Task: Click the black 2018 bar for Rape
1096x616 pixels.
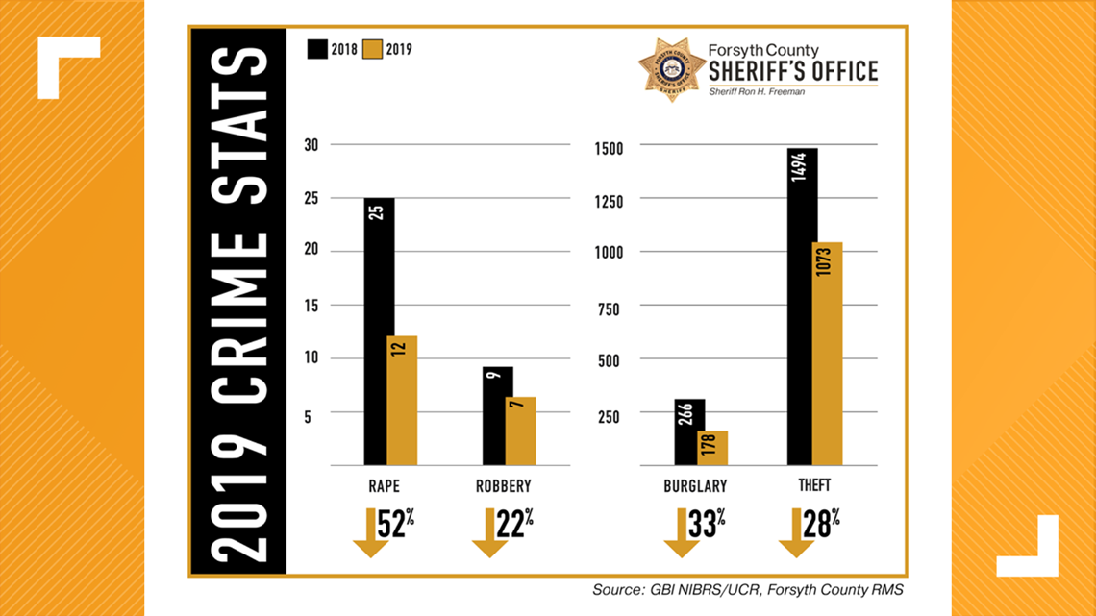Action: [x=379, y=332]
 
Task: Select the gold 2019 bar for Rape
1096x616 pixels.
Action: [x=403, y=401]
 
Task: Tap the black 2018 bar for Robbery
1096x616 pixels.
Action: [x=497, y=416]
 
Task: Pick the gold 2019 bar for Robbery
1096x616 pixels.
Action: [x=520, y=431]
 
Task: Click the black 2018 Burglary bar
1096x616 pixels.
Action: [x=689, y=432]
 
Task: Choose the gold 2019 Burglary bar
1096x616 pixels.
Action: [x=712, y=449]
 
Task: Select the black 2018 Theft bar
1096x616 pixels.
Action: [x=802, y=308]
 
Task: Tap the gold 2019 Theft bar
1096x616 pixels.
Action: [x=827, y=354]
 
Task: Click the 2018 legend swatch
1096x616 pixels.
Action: [x=316, y=49]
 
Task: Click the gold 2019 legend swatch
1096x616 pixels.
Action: [x=372, y=49]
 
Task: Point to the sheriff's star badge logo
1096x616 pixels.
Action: [x=671, y=69]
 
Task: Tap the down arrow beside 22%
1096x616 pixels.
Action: [x=489, y=533]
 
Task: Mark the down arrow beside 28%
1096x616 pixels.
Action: [x=796, y=533]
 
